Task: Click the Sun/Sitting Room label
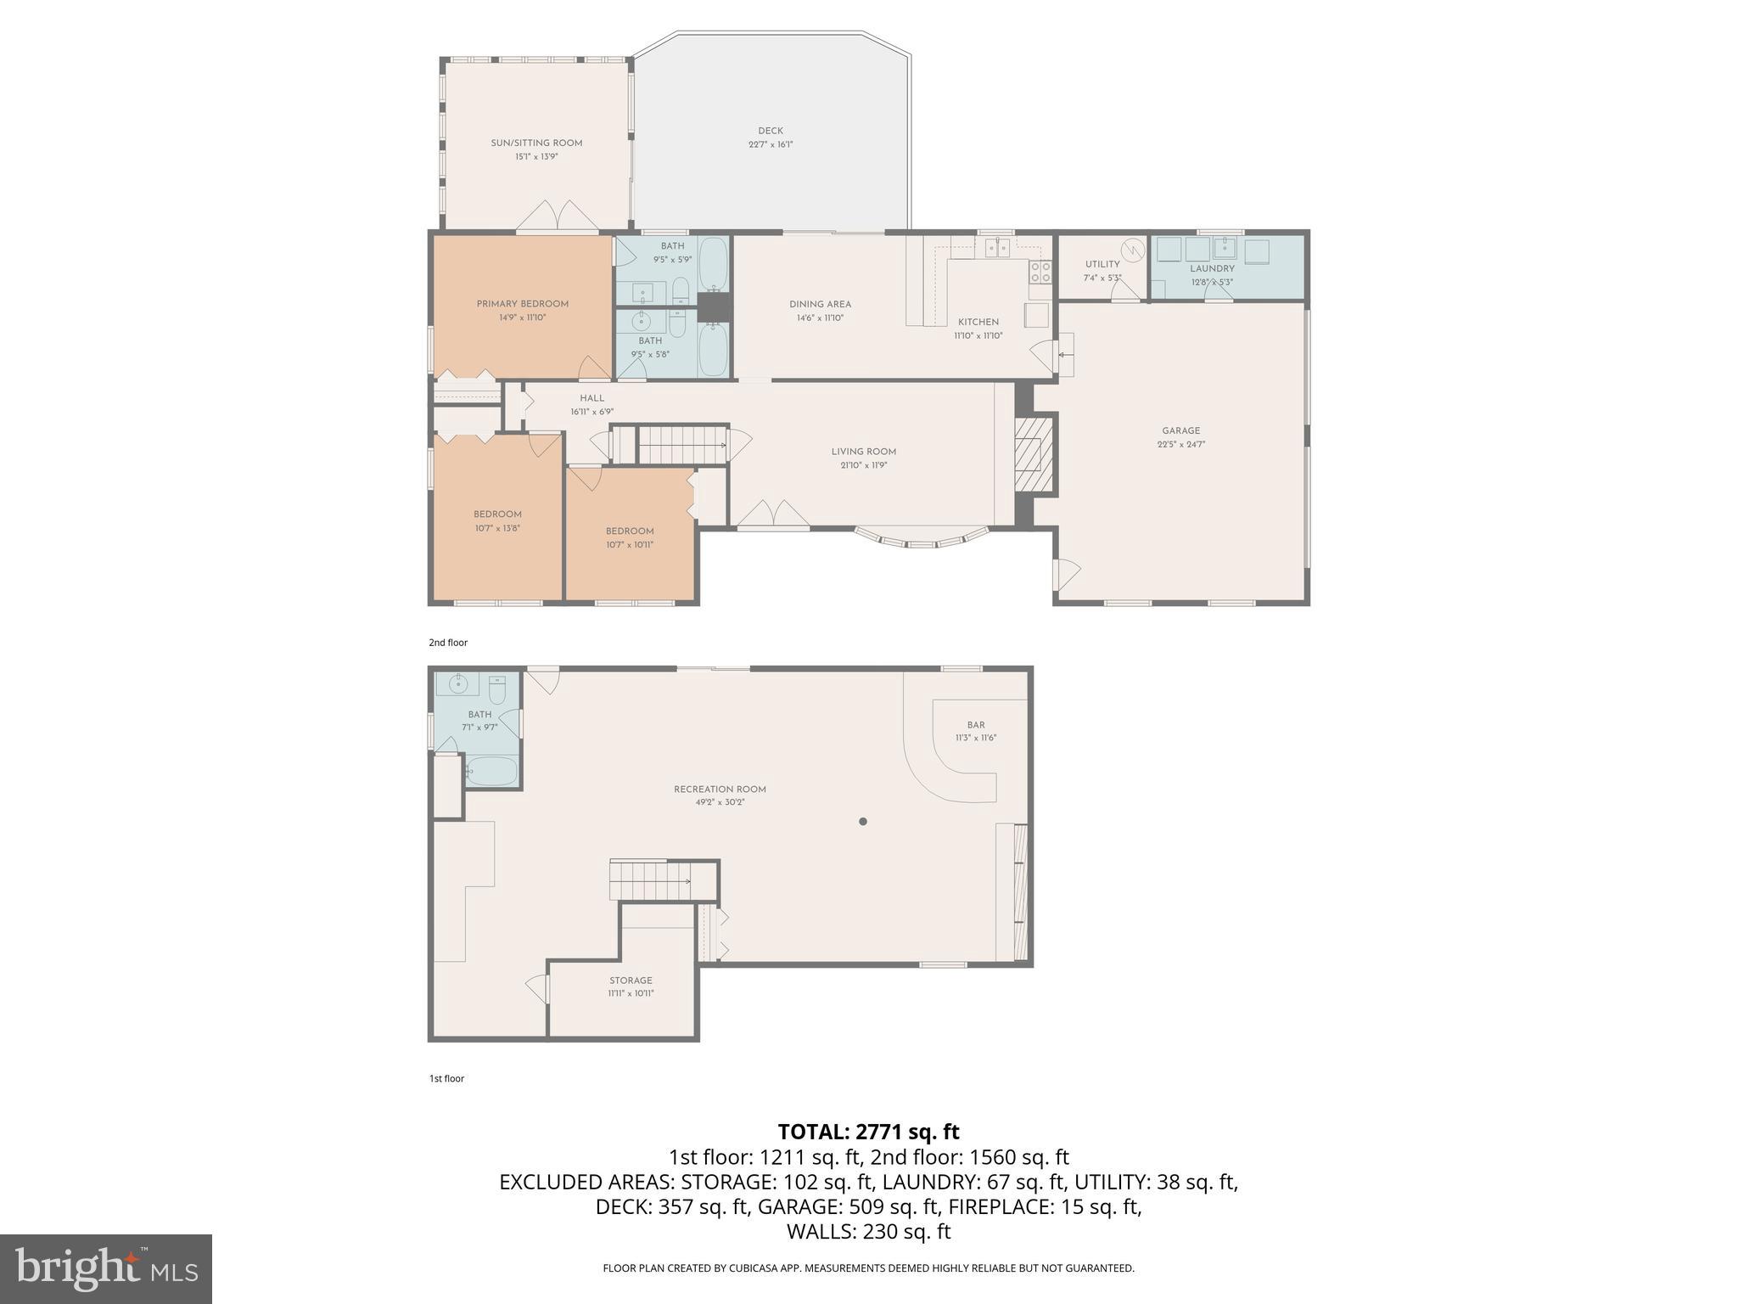536,143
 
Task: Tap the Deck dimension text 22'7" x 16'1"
771,144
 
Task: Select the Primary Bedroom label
522,304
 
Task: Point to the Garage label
1180,430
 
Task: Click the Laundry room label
1211,268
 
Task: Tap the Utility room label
1102,264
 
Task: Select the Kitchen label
978,322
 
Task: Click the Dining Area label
820,304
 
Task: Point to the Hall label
591,398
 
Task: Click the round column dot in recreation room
863,821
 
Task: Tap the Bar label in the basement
976,725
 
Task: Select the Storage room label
631,981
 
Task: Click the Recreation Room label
720,790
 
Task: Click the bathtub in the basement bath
491,771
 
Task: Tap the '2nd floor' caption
448,643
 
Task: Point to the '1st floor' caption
446,1079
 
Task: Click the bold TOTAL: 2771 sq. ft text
868,1132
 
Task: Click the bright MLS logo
106,1268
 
